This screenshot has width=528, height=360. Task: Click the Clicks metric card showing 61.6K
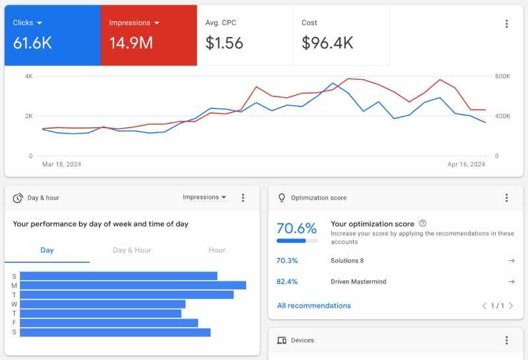tap(52, 36)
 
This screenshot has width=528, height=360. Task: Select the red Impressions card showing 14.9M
tap(148, 36)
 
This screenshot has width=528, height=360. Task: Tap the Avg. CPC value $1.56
tap(224, 44)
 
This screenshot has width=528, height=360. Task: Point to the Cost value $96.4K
tap(327, 44)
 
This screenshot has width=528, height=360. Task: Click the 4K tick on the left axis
tap(28, 77)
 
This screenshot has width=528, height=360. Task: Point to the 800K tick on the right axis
tap(502, 77)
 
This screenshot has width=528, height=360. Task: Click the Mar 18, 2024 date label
tap(61, 164)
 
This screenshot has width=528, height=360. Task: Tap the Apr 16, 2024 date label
tap(466, 164)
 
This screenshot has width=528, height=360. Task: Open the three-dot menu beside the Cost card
tap(506, 24)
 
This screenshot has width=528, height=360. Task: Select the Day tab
tap(47, 250)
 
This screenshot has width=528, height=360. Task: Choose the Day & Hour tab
tap(132, 250)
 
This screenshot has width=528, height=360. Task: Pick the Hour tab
tap(216, 250)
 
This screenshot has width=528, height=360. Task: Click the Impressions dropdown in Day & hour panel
tap(205, 198)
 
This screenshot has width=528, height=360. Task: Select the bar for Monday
tap(133, 285)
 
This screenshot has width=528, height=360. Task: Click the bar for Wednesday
tap(102, 304)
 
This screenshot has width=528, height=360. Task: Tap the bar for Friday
tap(109, 323)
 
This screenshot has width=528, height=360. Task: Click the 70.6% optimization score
tap(296, 229)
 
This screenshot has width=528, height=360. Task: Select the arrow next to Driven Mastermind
tap(511, 281)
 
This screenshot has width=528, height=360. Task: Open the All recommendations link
tap(313, 306)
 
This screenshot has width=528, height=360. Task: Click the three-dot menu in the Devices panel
tap(506, 340)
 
